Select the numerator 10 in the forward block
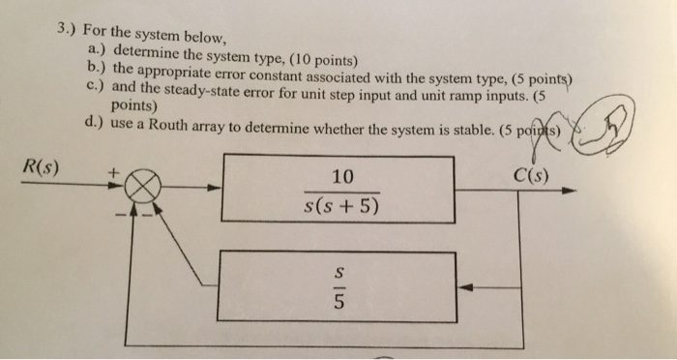click(x=341, y=176)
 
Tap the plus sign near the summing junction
click(x=113, y=171)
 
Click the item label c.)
click(x=95, y=86)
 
